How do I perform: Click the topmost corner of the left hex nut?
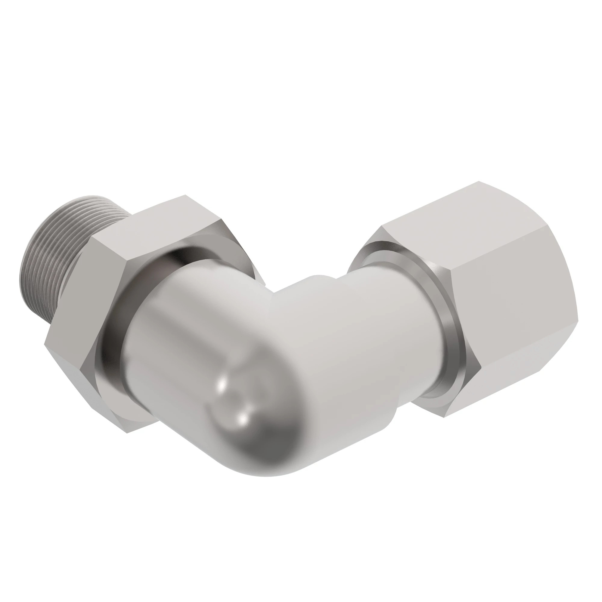point(186,195)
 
